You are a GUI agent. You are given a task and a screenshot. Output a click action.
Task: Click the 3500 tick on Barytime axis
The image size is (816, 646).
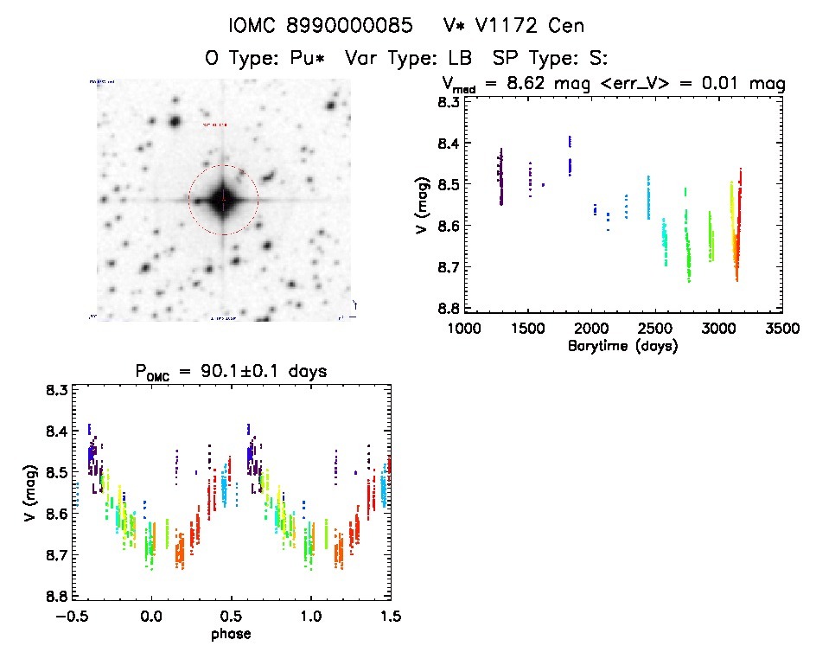click(782, 329)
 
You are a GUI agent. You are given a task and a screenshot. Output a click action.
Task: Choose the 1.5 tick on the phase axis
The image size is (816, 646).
click(391, 616)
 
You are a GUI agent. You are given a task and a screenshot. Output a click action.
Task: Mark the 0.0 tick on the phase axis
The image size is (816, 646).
click(151, 616)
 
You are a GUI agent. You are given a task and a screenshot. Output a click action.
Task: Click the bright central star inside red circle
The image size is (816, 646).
click(223, 200)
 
